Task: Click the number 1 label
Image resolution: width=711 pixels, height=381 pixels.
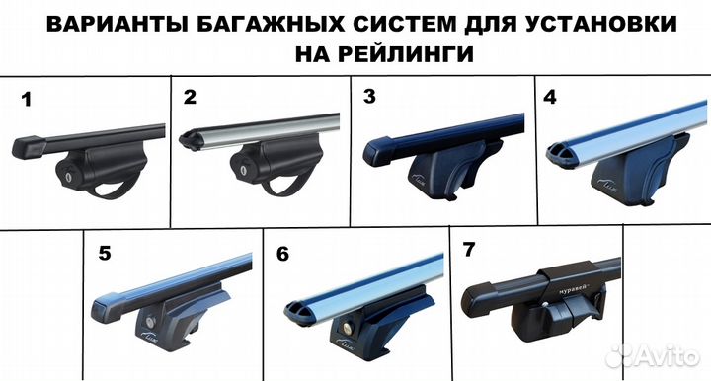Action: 27,99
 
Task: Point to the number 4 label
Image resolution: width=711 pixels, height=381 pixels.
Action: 550,97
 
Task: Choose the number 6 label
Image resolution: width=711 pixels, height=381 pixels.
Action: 283,254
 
